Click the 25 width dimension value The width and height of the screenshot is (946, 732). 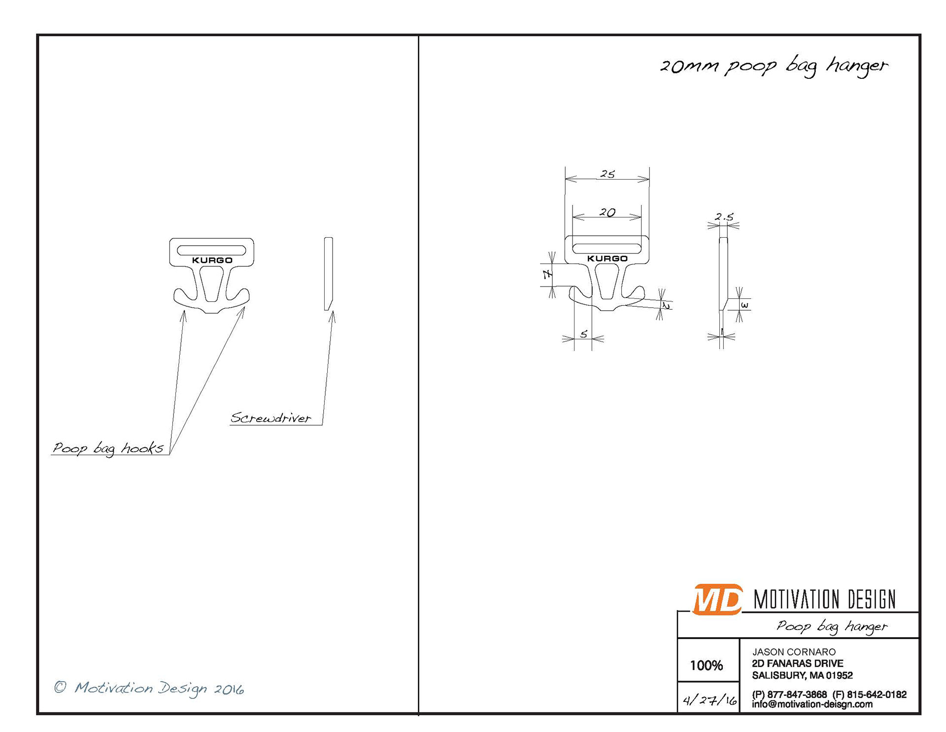[608, 174]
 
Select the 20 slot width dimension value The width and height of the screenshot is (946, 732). [607, 213]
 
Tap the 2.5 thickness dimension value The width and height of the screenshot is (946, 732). [724, 217]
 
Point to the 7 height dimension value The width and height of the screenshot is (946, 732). [547, 275]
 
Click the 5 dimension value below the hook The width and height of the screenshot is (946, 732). [584, 334]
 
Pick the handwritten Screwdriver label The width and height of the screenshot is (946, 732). [270, 418]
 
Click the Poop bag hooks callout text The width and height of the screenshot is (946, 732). [108, 448]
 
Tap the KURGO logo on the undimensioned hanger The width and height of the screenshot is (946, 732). [212, 260]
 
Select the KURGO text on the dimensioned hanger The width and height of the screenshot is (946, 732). [607, 258]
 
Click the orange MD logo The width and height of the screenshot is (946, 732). [717, 599]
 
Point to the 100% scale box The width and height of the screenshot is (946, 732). [706, 665]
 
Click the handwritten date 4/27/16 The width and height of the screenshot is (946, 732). [709, 700]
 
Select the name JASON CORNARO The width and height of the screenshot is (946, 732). [794, 652]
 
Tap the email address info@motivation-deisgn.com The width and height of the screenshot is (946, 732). [812, 704]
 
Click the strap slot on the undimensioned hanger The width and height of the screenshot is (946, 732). [211, 249]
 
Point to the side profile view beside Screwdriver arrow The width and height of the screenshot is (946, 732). [328, 274]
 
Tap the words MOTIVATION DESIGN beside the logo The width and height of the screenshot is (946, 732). [824, 600]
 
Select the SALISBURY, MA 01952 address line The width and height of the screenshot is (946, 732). [802, 675]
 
